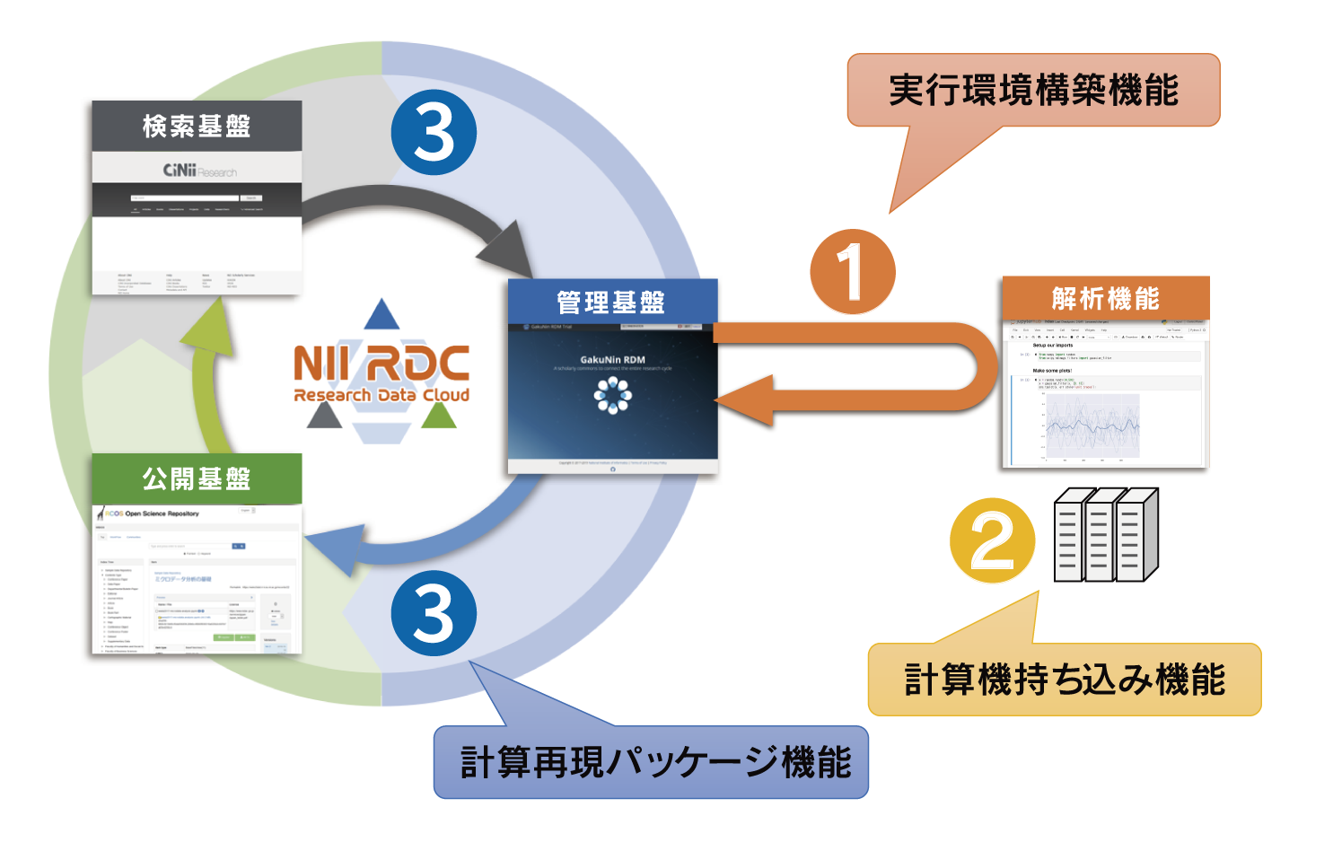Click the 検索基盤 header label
(197, 127)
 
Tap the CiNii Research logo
(199, 171)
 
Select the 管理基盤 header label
(611, 303)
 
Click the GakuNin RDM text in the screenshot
(612, 359)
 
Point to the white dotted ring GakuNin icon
(613, 395)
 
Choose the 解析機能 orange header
(1105, 298)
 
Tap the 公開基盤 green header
(197, 478)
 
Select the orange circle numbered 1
(852, 272)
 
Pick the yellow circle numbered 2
(992, 540)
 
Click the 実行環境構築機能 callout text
(1033, 91)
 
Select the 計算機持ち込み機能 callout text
(1065, 680)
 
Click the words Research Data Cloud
(381, 395)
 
